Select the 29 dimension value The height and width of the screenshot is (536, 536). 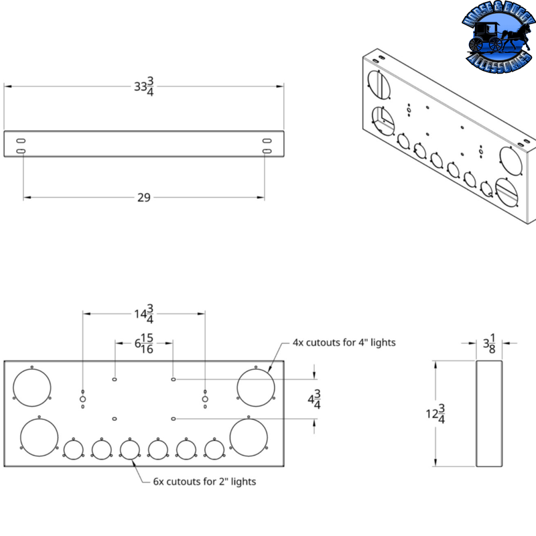click(x=143, y=197)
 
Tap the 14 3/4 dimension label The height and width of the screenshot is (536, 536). click(x=144, y=313)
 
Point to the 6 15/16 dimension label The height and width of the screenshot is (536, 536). click(x=144, y=344)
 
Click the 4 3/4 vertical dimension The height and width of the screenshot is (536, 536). click(x=314, y=401)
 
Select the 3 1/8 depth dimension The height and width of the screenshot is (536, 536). click(x=490, y=344)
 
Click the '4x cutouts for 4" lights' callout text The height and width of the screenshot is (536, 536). click(x=344, y=342)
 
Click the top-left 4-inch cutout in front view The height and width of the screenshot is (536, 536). click(x=32, y=387)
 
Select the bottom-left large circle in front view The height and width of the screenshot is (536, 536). click(x=40, y=437)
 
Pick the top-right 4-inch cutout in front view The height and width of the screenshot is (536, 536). click(x=256, y=387)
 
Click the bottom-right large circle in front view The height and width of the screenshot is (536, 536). click(x=249, y=437)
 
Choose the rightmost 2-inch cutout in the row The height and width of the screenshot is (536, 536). click(x=214, y=449)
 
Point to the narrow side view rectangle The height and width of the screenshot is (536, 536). click(x=489, y=413)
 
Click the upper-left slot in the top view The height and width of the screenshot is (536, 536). click(x=21, y=140)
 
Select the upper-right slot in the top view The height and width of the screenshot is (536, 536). click(x=267, y=140)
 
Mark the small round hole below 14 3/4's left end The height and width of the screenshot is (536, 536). click(x=82, y=399)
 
